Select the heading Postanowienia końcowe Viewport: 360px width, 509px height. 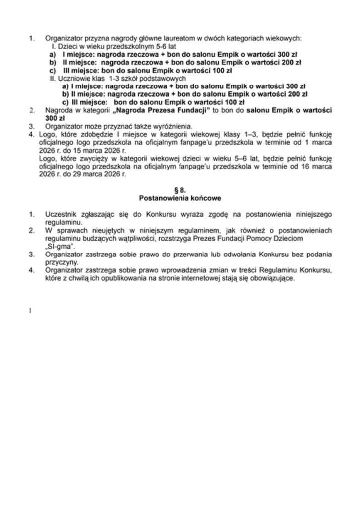pos(180,198)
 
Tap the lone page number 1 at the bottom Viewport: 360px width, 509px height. pos(30,311)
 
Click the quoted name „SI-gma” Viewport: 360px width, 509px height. pos(59,247)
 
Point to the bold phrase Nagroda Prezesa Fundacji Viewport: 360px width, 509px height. pos(170,110)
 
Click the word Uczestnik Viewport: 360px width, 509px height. pos(61,214)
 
